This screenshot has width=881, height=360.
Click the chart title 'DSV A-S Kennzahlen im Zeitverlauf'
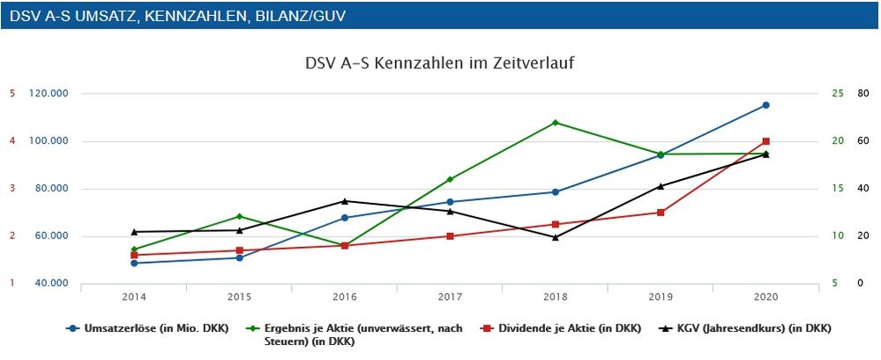[440, 64]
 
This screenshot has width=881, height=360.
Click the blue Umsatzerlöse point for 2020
[765, 105]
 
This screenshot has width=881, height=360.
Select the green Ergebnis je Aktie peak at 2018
[555, 123]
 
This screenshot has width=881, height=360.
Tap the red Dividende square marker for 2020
[765, 141]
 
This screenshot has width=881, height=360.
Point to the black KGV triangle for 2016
[345, 201]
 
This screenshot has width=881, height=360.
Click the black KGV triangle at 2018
[555, 237]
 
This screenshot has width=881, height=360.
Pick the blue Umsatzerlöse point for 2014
[134, 263]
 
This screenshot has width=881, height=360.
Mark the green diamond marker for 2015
[239, 216]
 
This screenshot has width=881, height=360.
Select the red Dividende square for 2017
[450, 236]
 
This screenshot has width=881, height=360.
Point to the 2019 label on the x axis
[661, 297]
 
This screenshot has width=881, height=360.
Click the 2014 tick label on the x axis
[134, 297]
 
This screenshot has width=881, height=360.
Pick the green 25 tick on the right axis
[837, 94]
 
